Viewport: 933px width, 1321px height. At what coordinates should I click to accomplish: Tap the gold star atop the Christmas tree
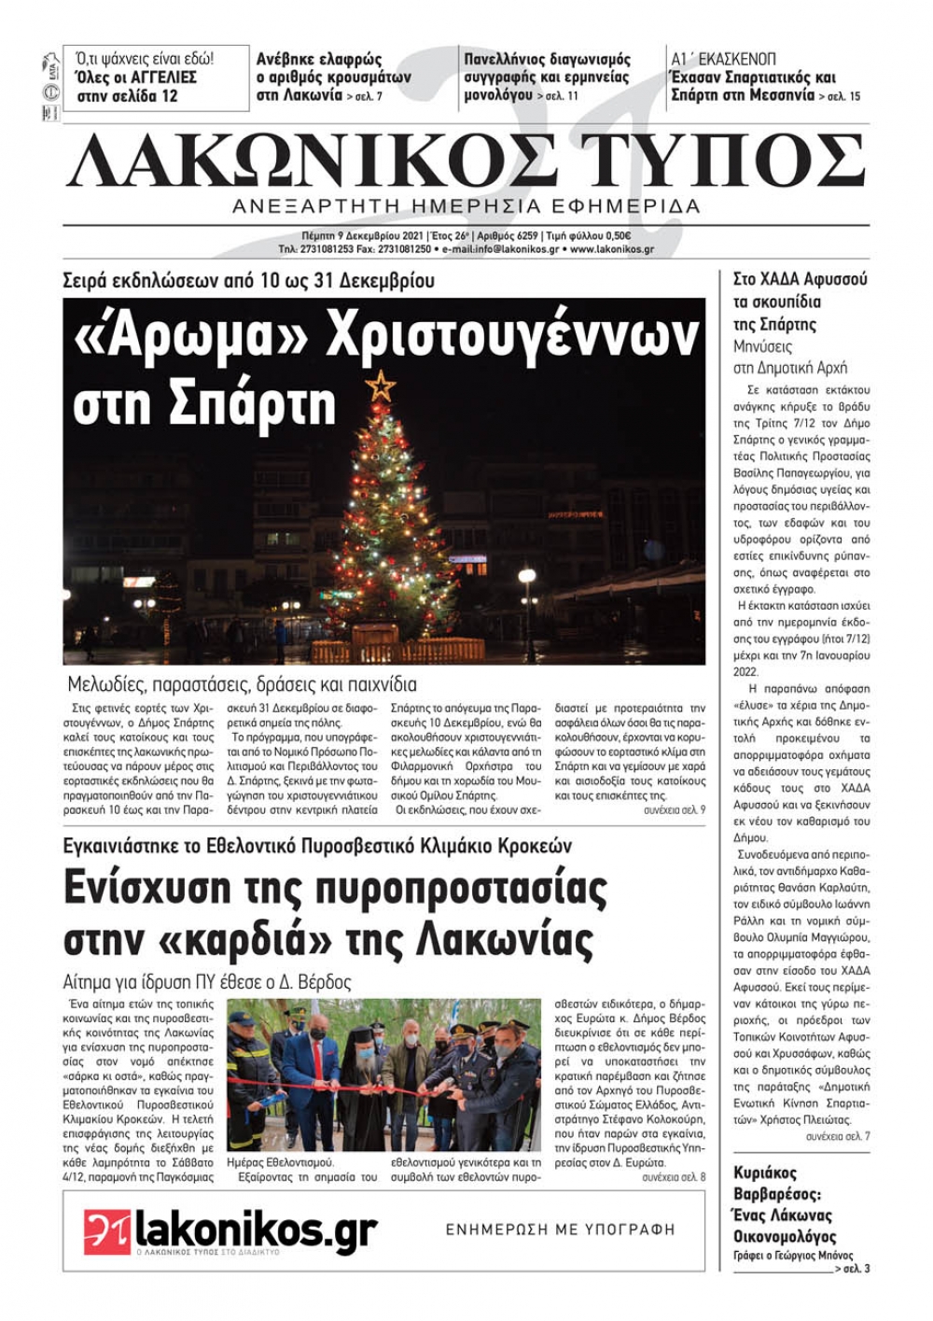(380, 385)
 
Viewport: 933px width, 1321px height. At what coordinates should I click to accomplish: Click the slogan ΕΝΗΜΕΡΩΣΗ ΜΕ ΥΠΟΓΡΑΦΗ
(560, 1230)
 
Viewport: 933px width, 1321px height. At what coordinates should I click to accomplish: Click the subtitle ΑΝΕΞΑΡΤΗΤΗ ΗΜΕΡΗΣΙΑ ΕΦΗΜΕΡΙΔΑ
(466, 205)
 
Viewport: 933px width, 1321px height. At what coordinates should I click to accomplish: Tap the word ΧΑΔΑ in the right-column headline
(780, 279)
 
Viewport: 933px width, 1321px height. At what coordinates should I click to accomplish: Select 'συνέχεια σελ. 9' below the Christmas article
(674, 809)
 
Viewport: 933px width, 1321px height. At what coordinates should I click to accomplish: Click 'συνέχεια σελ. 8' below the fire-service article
(674, 1177)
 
